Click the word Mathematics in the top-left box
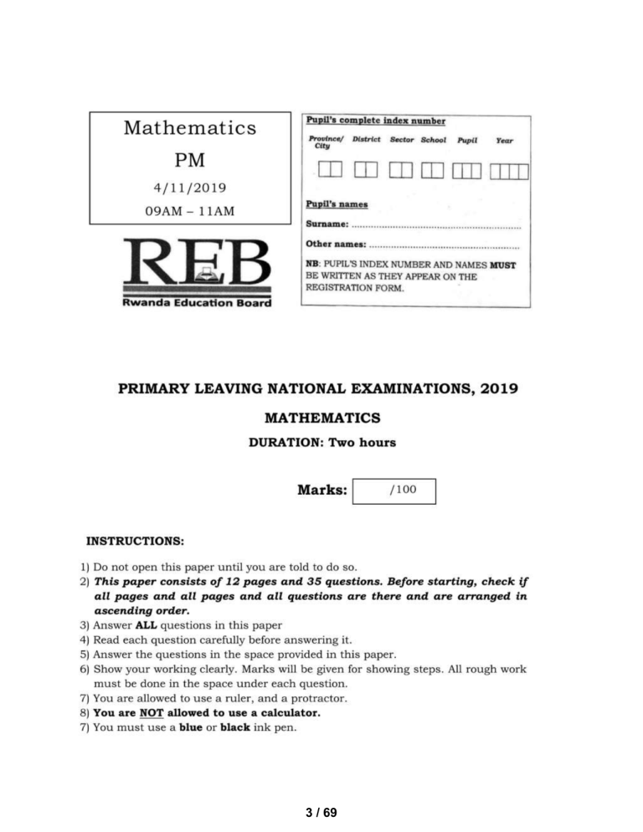[x=189, y=128]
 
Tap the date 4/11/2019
[x=189, y=189]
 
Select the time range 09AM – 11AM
[x=189, y=211]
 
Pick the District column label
[x=367, y=141]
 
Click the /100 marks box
[x=395, y=490]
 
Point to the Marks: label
[x=321, y=490]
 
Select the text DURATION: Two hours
[x=321, y=443]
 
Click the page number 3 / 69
[x=321, y=812]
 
